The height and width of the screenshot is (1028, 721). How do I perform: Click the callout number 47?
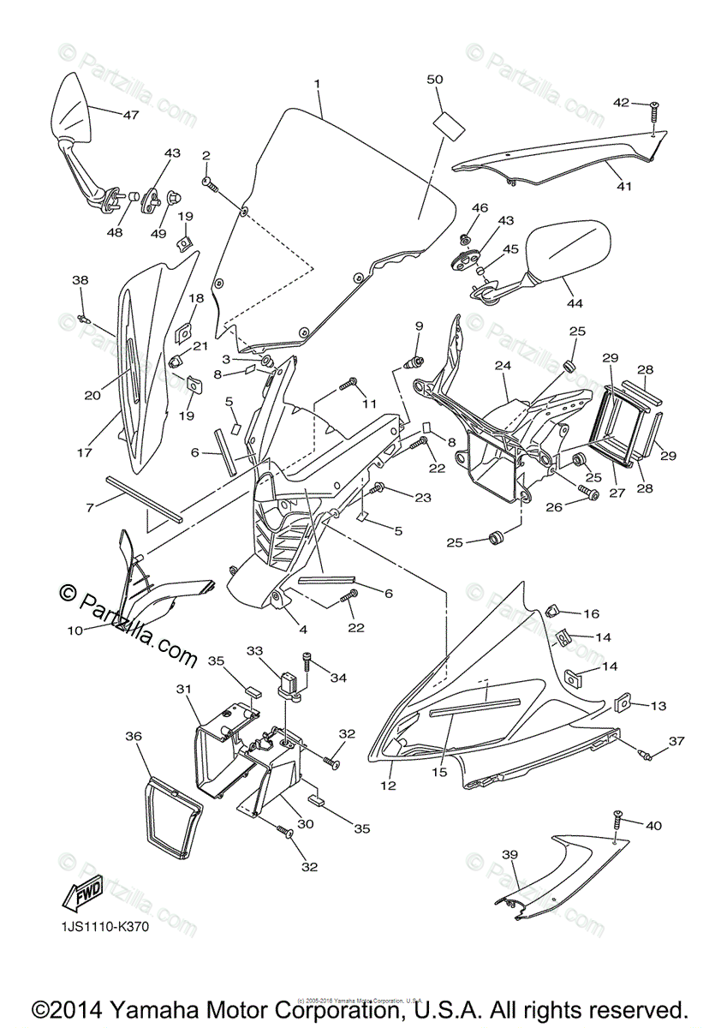pyautogui.click(x=130, y=114)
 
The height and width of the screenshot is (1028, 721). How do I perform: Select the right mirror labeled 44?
pyautogui.click(x=569, y=248)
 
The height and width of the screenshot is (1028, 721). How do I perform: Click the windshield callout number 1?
pyautogui.click(x=317, y=84)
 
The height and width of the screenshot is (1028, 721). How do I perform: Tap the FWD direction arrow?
pyautogui.click(x=81, y=894)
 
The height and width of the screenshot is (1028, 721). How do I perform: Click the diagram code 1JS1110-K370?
pyautogui.click(x=98, y=928)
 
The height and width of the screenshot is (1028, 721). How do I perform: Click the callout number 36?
pyautogui.click(x=134, y=736)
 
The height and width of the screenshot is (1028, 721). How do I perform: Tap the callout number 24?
pyautogui.click(x=501, y=365)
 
